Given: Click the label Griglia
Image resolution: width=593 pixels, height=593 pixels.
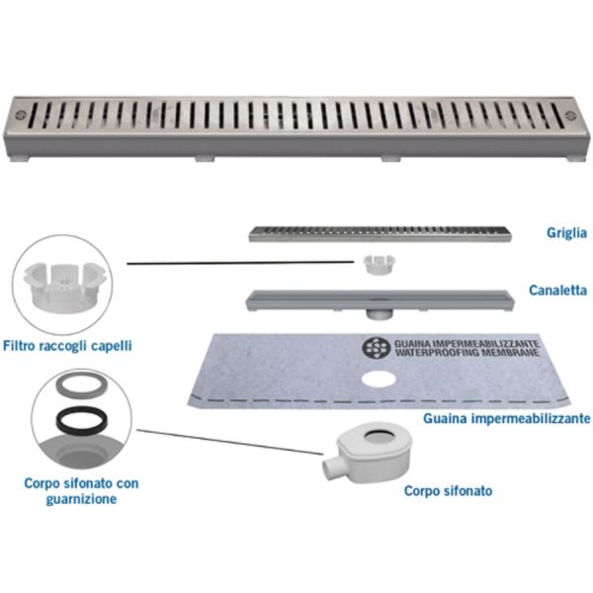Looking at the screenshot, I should (566, 233).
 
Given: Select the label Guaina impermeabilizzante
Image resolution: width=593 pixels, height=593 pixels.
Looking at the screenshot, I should (507, 419).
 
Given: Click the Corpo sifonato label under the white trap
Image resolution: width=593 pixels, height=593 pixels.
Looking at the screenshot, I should (449, 490).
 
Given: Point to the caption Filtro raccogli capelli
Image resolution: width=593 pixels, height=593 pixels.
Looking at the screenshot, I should (81, 345).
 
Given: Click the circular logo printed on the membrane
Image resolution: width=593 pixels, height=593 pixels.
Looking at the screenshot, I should (377, 348).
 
